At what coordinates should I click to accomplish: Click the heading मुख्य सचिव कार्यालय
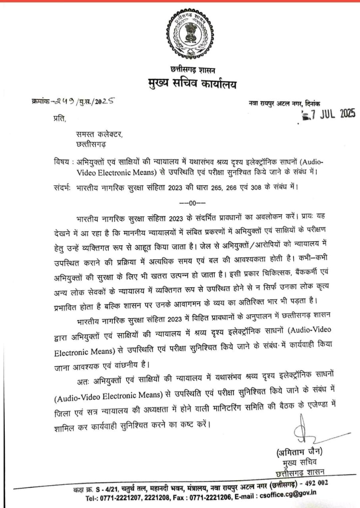click(x=192, y=84)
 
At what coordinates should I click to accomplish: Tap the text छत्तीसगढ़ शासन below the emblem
click(x=193, y=71)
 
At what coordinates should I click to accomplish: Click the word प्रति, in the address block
click(x=58, y=118)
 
